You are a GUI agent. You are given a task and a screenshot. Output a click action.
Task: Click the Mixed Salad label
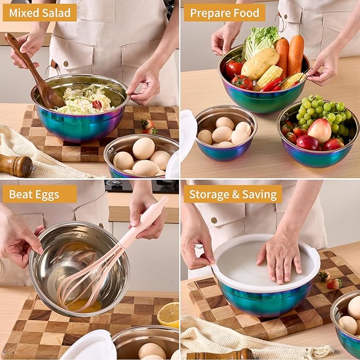tap(40, 12)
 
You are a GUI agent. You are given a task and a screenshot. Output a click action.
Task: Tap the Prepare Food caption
tap(224, 12)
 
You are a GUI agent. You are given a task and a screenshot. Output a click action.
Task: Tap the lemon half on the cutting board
tap(169, 314)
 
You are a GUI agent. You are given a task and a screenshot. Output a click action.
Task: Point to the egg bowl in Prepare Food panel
tap(226, 133)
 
